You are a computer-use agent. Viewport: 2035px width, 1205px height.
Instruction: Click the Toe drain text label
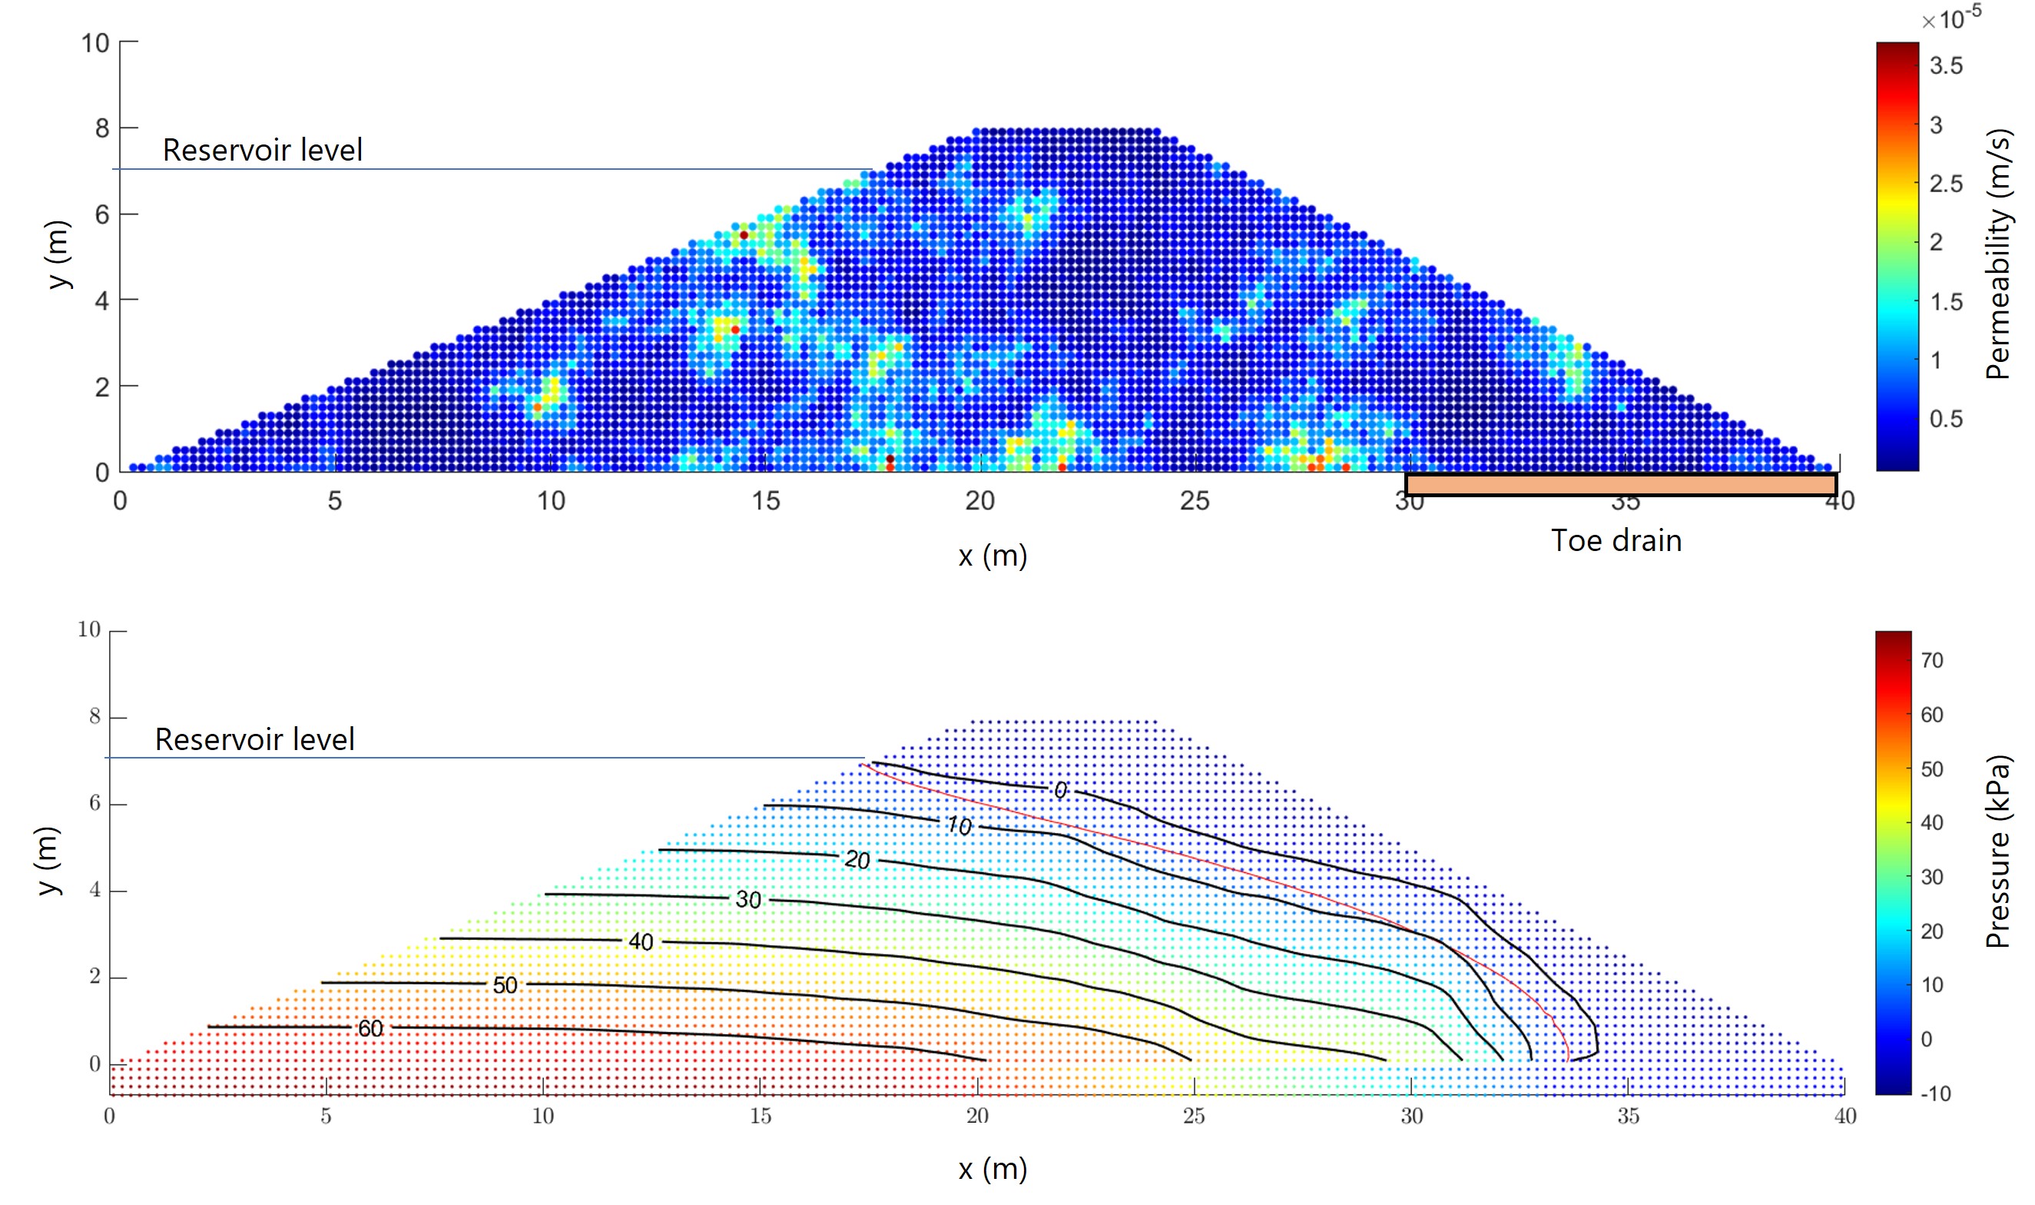click(x=1616, y=541)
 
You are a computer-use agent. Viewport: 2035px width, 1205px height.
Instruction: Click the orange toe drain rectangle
click(x=1620, y=485)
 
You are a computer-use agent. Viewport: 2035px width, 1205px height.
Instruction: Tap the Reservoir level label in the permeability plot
click(x=262, y=150)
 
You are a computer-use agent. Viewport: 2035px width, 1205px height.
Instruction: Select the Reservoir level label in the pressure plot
click(x=255, y=740)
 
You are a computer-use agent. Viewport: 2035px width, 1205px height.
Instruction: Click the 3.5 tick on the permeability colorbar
click(x=1946, y=66)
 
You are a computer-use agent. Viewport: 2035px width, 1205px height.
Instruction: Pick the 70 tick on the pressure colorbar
click(x=1932, y=660)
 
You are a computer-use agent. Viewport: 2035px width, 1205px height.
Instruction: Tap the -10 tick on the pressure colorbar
click(x=1935, y=1094)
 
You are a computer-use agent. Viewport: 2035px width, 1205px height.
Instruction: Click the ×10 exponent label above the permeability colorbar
click(x=1950, y=18)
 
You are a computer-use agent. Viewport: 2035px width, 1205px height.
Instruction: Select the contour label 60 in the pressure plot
click(x=370, y=1029)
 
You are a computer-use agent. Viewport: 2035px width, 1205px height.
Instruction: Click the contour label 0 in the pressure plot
click(x=1060, y=790)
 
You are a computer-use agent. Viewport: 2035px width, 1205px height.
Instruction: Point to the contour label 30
click(x=748, y=900)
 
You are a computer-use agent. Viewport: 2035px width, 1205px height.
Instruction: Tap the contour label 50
click(x=505, y=986)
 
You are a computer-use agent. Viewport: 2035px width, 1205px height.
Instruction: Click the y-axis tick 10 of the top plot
click(x=95, y=43)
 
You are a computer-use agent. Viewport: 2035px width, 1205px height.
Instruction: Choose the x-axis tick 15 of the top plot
click(x=764, y=501)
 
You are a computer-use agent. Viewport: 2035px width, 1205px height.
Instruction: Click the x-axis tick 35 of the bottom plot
click(x=1629, y=1117)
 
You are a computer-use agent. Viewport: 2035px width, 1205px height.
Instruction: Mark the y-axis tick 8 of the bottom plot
click(x=95, y=716)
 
